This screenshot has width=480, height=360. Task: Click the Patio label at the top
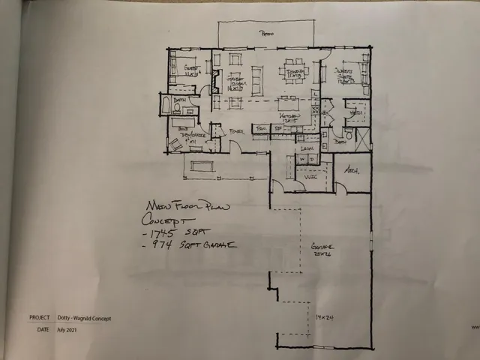[265, 34]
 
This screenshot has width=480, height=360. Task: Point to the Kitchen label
[291, 117]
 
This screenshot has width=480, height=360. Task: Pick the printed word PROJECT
[40, 318]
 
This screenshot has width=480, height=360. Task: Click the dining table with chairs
[292, 71]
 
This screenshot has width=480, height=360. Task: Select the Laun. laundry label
[306, 150]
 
